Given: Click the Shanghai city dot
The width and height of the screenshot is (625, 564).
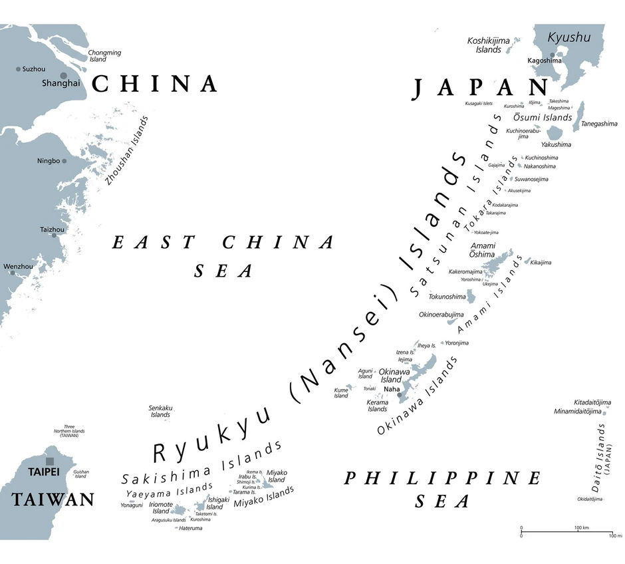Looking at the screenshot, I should coord(64,76).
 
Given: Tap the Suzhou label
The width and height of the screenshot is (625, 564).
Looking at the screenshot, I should coord(34,69).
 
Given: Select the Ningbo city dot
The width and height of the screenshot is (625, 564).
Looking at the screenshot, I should coord(64,161).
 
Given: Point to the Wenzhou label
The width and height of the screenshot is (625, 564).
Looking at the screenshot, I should coord(18,267).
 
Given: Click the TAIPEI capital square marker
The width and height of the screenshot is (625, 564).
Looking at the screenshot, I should coord(50,461).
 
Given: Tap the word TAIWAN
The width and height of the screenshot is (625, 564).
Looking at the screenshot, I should coord(53,499).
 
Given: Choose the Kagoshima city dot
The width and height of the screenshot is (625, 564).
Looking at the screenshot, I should coord(552,55).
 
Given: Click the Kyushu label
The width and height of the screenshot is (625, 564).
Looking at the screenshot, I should coord(568,38).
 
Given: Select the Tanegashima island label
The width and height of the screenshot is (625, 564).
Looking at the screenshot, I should coord(599,124).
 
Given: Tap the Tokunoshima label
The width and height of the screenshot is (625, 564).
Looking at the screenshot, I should coord(447,297).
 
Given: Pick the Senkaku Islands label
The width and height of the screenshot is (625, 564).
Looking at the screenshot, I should coord(160,411).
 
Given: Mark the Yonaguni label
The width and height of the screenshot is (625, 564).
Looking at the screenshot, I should coord(132,505).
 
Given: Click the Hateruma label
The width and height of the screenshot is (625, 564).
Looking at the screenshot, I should coord(191,528).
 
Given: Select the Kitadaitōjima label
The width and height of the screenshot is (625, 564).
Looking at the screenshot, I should coord(592,402).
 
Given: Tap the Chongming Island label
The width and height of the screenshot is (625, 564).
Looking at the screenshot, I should coord(105,56).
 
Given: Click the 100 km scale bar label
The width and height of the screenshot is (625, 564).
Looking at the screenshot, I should coord(582,528).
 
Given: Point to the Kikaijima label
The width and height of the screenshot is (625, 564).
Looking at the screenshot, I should coord(541,263).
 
